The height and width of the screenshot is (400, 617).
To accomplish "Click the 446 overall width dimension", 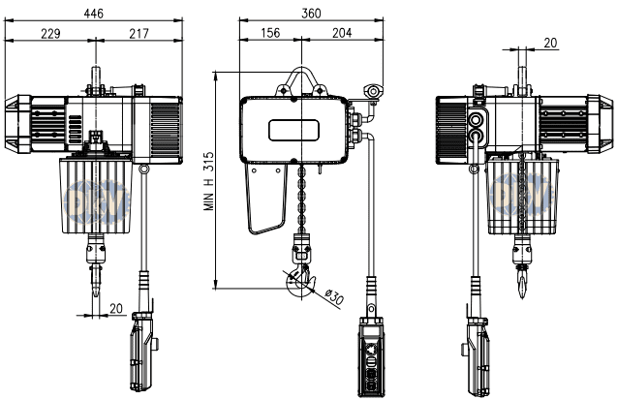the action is click(94, 14).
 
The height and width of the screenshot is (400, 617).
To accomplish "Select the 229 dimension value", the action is click(50, 34).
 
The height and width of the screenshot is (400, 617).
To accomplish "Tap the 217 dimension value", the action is click(139, 34).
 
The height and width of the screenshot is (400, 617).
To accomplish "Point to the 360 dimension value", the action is click(311, 14).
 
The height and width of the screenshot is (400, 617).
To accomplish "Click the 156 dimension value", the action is click(270, 33).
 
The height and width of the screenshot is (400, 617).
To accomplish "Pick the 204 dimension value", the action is click(342, 33).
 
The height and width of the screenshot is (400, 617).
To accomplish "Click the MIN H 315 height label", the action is click(209, 181).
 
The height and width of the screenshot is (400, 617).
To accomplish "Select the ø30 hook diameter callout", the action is click(334, 297).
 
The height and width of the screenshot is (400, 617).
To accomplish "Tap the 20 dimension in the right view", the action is click(550, 43).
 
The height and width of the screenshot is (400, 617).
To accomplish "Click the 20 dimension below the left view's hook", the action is click(116, 309).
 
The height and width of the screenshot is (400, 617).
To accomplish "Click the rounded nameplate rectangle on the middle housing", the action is click(293, 130).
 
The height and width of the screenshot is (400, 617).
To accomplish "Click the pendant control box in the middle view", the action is click(370, 356).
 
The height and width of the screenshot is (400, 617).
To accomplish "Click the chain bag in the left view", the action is click(96, 196).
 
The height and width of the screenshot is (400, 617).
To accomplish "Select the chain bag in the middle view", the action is click(266, 199).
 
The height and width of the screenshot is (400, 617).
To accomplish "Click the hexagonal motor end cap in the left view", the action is click(18, 124).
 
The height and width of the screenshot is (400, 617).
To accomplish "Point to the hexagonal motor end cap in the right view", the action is click(601, 124).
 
